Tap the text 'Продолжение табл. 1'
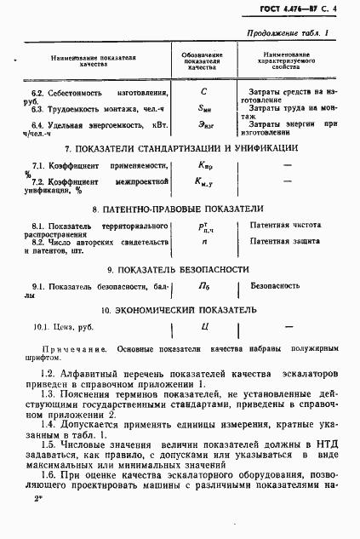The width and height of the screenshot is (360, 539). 287,34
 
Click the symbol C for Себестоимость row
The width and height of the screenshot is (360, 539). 203,92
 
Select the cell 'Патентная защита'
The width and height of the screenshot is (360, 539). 286,243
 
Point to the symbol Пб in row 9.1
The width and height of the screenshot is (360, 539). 204,288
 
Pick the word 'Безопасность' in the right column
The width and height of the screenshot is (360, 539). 276,288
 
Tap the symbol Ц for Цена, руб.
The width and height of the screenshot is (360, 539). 204,326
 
